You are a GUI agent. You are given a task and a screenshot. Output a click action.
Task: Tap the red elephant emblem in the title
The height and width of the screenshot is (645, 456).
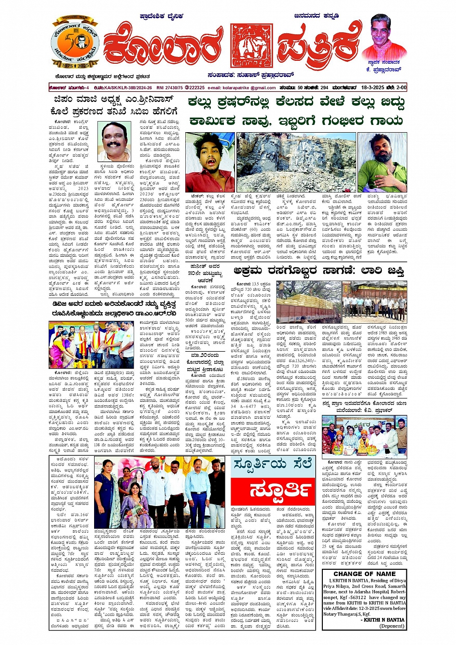coord(251,45)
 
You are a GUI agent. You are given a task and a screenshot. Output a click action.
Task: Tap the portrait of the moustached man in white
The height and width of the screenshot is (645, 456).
coord(114,141)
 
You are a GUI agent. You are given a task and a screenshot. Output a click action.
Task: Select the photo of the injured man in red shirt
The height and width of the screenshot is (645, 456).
coord(210,162)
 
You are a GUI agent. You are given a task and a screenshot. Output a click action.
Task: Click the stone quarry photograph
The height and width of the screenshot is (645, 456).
coord(296,162)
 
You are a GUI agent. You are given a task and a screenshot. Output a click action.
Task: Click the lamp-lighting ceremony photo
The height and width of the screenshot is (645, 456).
coord(91,345)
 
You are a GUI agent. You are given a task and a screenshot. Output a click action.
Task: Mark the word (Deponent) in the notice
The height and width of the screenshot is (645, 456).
coord(392,626)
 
